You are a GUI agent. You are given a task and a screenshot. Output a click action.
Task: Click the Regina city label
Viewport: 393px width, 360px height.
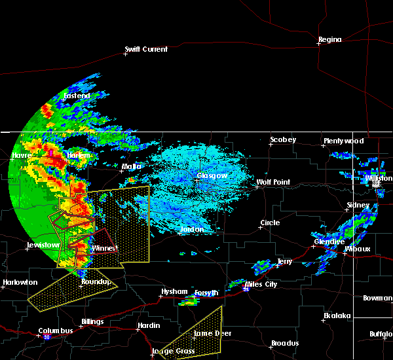point(329,40)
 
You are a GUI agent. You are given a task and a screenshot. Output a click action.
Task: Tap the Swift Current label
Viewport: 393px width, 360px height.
point(147,49)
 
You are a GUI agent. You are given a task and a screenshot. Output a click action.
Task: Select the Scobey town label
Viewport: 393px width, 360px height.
point(283,139)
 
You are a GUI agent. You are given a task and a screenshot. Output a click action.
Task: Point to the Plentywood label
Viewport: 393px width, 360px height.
point(343,141)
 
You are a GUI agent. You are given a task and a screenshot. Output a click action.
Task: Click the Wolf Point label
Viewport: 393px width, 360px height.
point(272,182)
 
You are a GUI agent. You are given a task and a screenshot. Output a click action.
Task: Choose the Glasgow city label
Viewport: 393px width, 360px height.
point(212,175)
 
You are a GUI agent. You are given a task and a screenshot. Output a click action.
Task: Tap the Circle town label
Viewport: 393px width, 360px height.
point(270,223)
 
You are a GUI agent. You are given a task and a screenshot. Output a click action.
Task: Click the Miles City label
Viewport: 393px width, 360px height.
point(261,284)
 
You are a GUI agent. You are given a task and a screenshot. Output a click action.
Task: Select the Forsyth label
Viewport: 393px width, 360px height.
point(207,293)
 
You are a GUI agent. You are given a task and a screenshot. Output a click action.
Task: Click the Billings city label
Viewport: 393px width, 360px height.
point(92,322)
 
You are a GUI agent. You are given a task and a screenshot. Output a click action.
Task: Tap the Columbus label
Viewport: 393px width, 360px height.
point(56,331)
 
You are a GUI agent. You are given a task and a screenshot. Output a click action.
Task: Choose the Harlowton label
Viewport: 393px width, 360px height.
point(20,283)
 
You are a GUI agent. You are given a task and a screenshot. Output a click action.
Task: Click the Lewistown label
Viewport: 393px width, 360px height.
point(43,245)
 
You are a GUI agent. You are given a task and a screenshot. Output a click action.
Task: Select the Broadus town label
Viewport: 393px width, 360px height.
point(285,343)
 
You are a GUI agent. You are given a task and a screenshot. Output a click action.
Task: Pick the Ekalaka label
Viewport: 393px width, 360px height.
point(337,316)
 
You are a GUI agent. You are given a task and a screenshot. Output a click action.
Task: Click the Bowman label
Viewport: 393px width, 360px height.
point(378,298)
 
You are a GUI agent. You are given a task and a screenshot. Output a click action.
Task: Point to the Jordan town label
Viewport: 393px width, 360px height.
point(193,229)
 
